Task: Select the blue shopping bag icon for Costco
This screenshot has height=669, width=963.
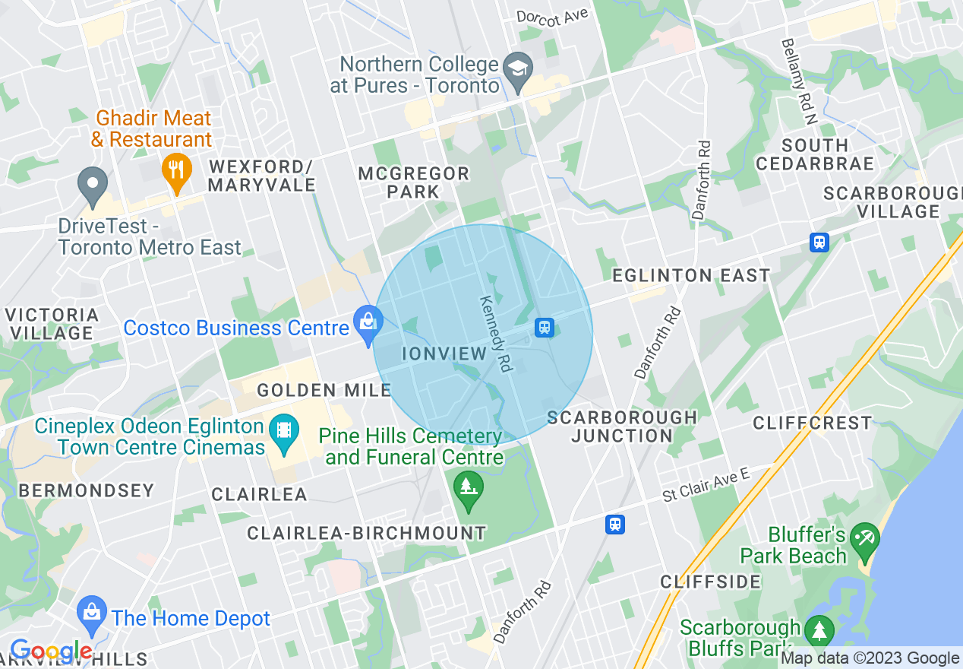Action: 368,321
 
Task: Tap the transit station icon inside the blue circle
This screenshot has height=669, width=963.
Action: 544,327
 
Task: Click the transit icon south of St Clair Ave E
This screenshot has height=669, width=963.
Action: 615,524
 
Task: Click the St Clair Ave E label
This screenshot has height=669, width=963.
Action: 706,485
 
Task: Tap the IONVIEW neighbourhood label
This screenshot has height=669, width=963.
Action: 444,354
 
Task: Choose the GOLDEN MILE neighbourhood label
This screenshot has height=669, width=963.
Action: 324,391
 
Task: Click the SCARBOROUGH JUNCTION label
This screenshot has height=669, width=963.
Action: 621,426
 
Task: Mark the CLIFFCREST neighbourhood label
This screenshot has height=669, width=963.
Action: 812,423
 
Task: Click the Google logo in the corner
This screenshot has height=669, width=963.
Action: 50,652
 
